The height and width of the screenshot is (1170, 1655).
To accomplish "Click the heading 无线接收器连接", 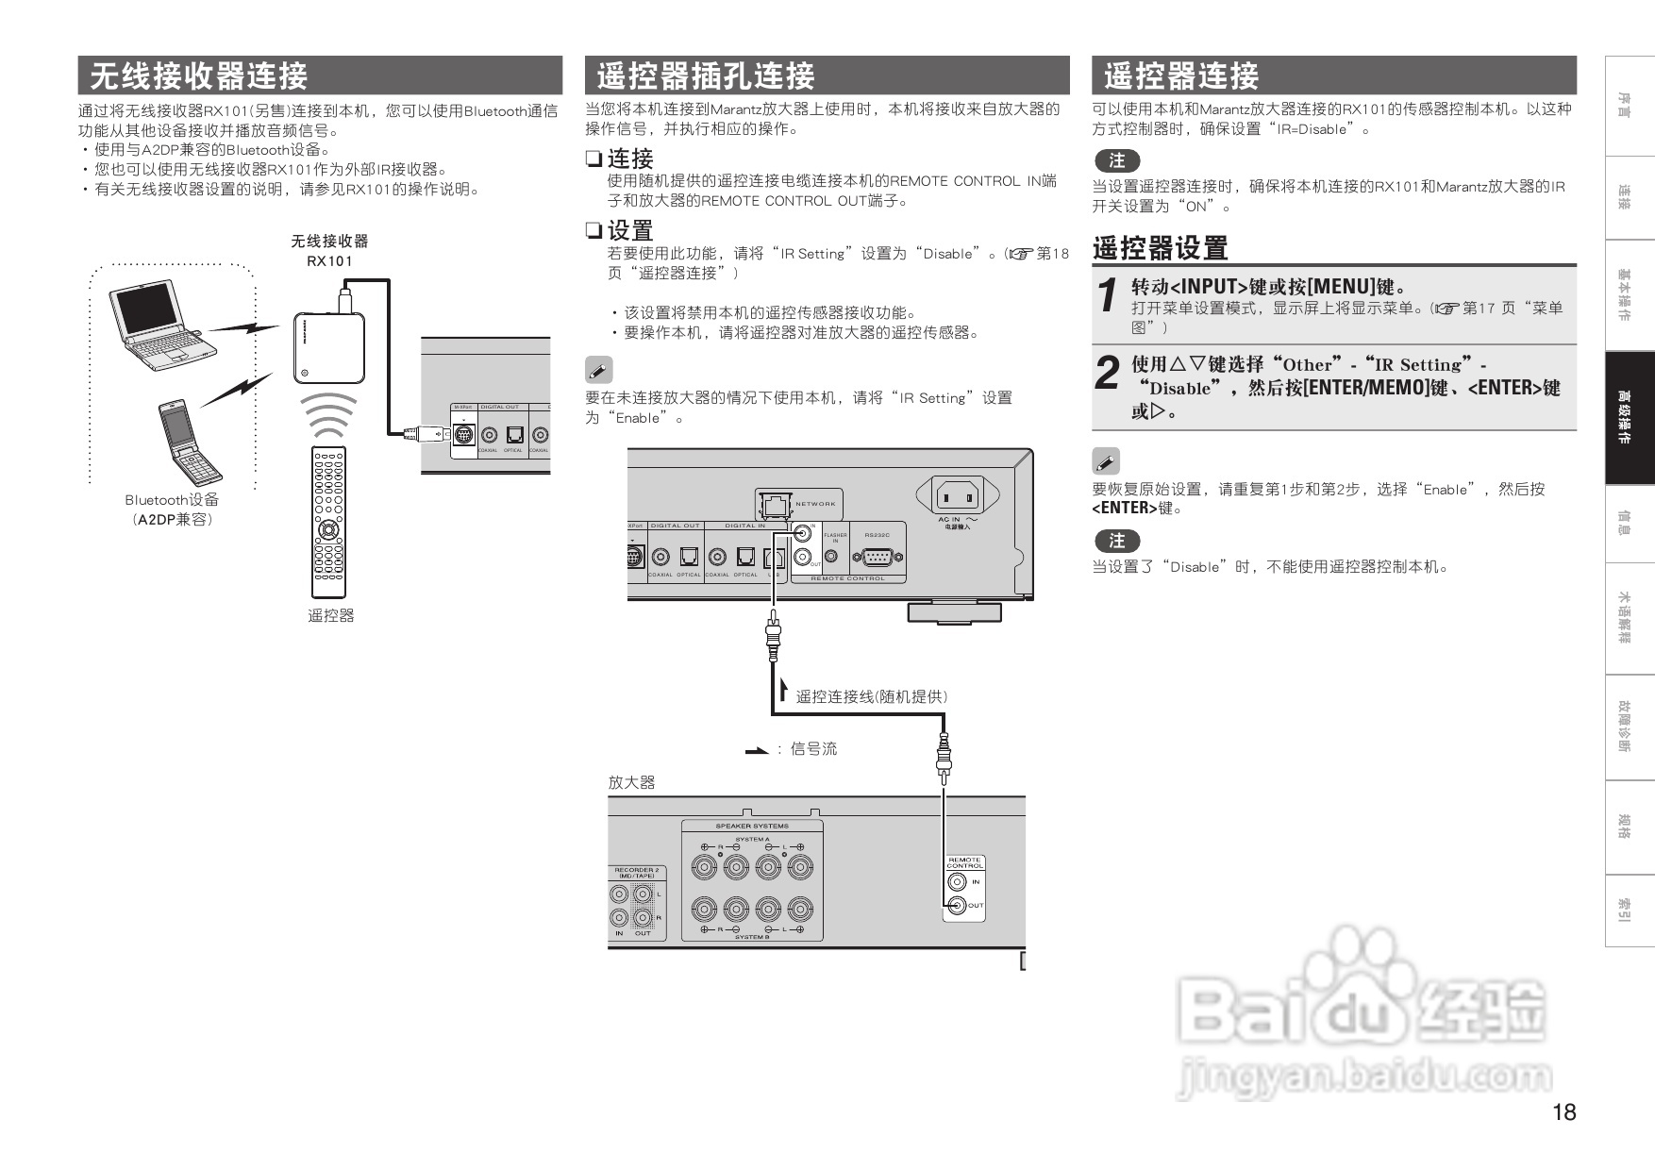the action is (x=199, y=75).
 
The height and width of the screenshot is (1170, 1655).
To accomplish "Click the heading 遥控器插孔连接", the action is (x=706, y=75).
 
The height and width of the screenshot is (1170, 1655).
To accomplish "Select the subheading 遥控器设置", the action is (x=1160, y=248).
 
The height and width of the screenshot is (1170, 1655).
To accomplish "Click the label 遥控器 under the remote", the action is (x=330, y=615).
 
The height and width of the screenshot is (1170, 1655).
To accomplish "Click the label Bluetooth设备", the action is (x=172, y=500).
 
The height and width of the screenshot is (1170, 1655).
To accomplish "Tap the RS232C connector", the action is (x=877, y=557).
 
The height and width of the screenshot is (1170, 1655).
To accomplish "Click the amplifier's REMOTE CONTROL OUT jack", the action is (x=957, y=906).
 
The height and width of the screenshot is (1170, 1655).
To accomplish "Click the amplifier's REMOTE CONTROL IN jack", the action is (x=957, y=882).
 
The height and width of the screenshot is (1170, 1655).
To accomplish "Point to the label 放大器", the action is (x=631, y=782).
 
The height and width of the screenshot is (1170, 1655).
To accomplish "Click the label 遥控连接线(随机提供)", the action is (x=871, y=696).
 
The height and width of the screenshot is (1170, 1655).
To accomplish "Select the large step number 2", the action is (x=1108, y=372).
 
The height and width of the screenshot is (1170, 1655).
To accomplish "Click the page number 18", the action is (x=1563, y=1112).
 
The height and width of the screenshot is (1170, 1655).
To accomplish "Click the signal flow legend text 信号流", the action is (x=813, y=749).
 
